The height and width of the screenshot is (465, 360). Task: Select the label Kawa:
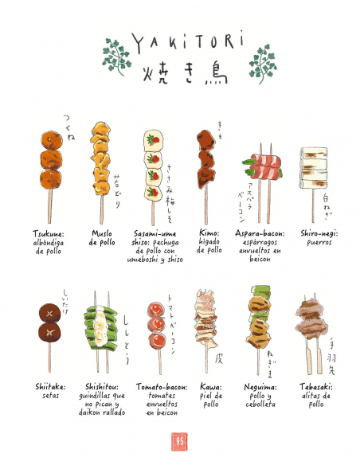click(x=210, y=388)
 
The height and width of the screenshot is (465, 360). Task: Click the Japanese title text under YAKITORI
click(x=179, y=73)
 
